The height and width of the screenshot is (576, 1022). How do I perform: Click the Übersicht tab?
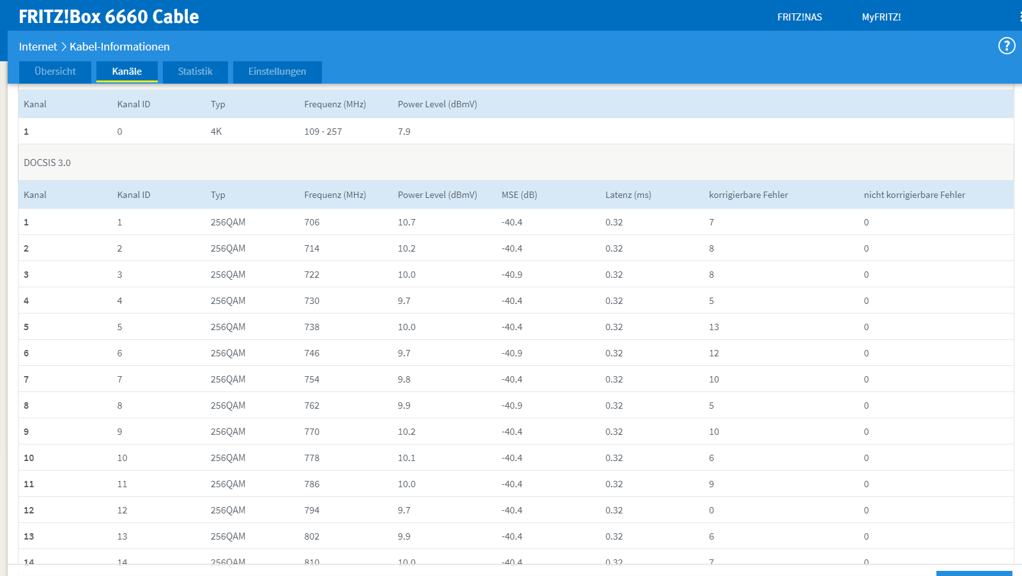pos(55,72)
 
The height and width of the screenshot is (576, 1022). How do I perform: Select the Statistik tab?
pos(195,72)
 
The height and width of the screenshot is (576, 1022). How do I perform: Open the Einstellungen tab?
pos(277,72)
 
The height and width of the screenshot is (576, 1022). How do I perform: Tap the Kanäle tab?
pos(127,72)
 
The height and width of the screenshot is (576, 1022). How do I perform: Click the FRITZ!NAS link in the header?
pos(800,17)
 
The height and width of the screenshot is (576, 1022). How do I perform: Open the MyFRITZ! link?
pos(881,17)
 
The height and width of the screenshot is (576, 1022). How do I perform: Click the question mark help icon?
pos(1007,46)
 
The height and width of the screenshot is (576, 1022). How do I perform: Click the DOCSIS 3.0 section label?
pos(47,163)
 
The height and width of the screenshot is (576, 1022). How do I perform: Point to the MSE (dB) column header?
pos(519,195)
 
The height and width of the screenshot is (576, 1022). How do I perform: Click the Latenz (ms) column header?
pos(629,195)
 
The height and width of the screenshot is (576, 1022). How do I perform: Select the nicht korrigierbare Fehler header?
pos(914,195)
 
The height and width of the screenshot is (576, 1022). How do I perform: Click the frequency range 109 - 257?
pos(323,132)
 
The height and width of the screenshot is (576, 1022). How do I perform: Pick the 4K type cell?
pos(217,132)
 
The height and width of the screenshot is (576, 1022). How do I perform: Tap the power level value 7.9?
pos(404,132)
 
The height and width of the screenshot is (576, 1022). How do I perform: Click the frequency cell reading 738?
pos(312,327)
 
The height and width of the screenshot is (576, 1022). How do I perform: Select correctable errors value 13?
pos(714,327)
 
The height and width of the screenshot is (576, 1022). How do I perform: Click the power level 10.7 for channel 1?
pos(406,223)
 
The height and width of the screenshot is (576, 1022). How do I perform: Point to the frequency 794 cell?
pos(312,510)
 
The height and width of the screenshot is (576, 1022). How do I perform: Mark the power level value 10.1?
pos(406,458)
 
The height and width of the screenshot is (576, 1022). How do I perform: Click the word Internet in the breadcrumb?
pos(38,47)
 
